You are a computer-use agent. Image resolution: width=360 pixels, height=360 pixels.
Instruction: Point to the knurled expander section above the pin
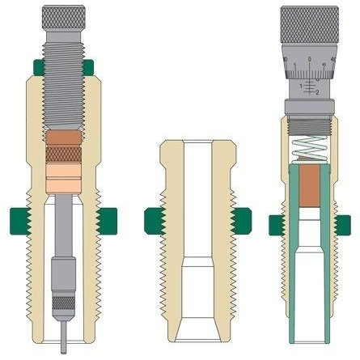[x=61, y=304]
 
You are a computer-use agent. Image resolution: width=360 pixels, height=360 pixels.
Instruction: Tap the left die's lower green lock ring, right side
[x=106, y=218]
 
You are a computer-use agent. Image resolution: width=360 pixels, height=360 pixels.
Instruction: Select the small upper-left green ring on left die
[x=31, y=66]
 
